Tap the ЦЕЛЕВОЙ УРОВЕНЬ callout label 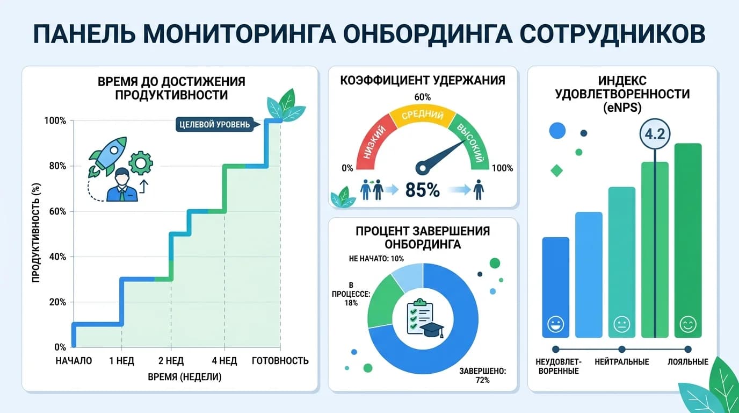[x=213, y=125]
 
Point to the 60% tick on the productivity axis [x=56, y=211]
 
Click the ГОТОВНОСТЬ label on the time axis [x=280, y=360]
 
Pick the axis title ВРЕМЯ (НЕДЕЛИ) [x=184, y=377]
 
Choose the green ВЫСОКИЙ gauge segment [x=471, y=141]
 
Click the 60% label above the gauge [x=423, y=97]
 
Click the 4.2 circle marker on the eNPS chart [x=655, y=134]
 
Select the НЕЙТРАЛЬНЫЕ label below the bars [x=622, y=362]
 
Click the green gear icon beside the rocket [x=141, y=162]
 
